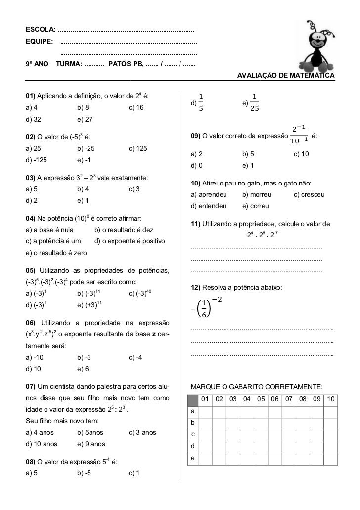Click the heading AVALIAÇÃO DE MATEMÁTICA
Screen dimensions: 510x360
(286, 75)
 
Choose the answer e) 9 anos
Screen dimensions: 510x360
(91, 444)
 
